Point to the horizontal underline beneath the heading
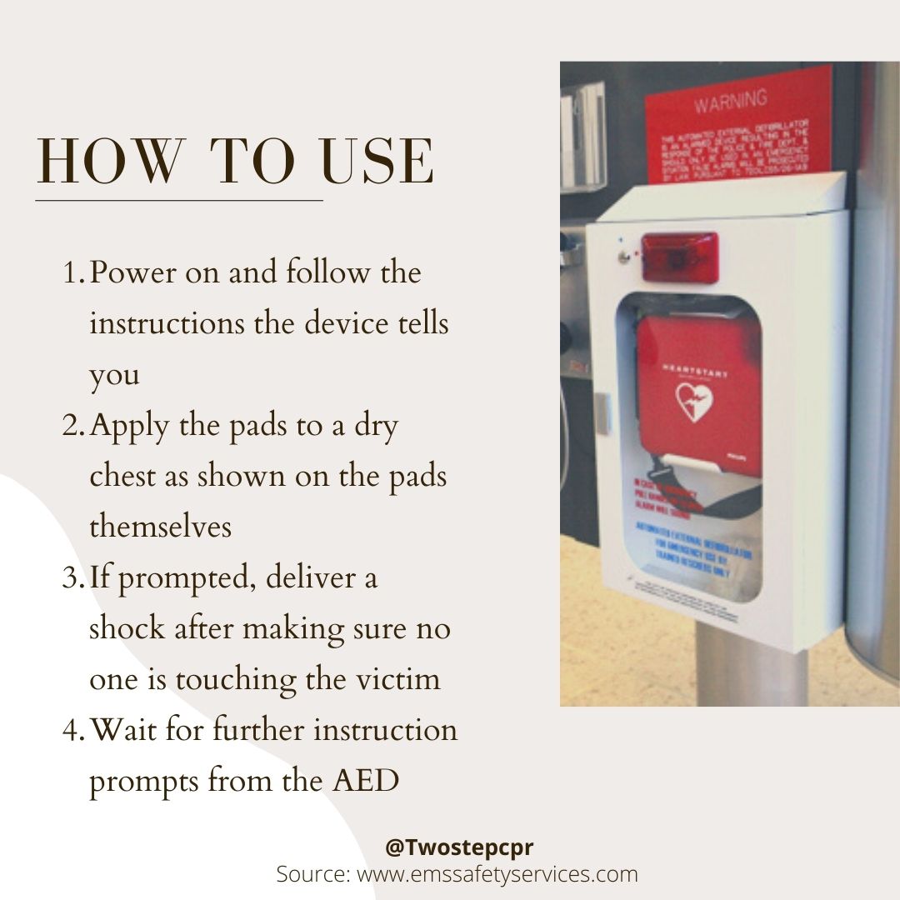pyautogui.click(x=178, y=200)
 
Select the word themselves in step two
pyautogui.click(x=160, y=527)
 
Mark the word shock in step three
pyautogui.click(x=127, y=629)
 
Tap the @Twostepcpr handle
pyautogui.click(x=459, y=847)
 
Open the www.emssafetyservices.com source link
pyautogui.click(x=497, y=874)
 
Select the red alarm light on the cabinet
pyautogui.click(x=679, y=257)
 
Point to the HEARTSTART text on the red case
pyautogui.click(x=694, y=369)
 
